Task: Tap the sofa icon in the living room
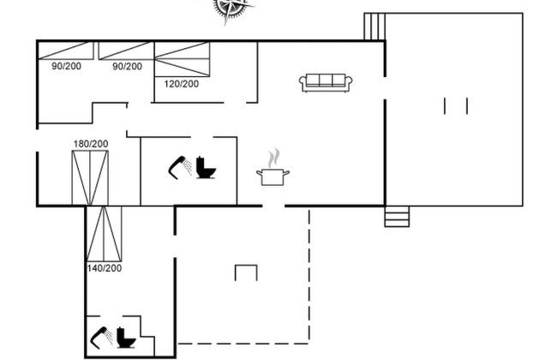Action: click(326, 83)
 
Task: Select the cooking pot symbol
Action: click(273, 177)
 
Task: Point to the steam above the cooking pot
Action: click(274, 159)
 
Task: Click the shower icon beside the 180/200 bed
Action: click(180, 167)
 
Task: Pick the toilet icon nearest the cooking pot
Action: click(206, 167)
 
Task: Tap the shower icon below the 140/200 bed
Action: click(102, 337)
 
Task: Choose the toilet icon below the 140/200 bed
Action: click(126, 337)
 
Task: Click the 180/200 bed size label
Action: click(91, 144)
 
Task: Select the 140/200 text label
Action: click(104, 268)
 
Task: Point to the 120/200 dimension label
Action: click(181, 84)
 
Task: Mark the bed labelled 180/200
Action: click(90, 178)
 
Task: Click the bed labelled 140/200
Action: click(104, 233)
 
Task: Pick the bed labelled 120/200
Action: click(183, 59)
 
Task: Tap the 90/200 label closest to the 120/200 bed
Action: click(127, 67)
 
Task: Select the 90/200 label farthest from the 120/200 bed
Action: click(67, 66)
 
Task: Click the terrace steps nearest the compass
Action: click(374, 27)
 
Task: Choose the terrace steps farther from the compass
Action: click(397, 216)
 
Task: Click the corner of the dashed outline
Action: click(308, 344)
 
